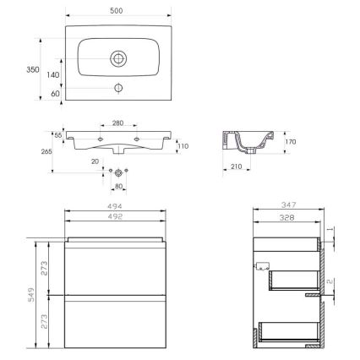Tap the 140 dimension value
pyautogui.click(x=53, y=75)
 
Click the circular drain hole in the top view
pyautogui.click(x=119, y=58)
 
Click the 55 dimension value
pyautogui.click(x=58, y=135)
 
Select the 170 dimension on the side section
pyautogui.click(x=292, y=143)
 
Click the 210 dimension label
pyautogui.click(x=236, y=167)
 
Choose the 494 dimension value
pyautogui.click(x=119, y=205)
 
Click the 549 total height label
pyautogui.click(x=27, y=293)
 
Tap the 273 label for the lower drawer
pyautogui.click(x=53, y=322)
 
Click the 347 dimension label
pyautogui.click(x=287, y=205)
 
